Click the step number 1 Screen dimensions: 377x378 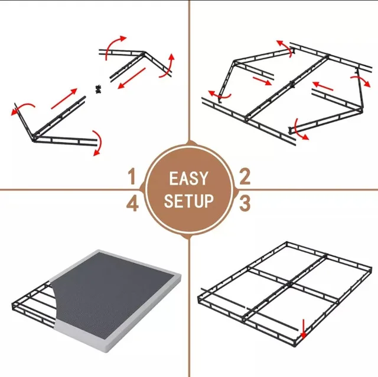pyautogui.click(x=132, y=176)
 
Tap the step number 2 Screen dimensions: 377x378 pyautogui.click(x=245, y=176)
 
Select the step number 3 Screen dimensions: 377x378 pyautogui.click(x=245, y=203)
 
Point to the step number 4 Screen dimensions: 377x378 pyautogui.click(x=132, y=204)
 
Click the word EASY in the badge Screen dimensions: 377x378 pyautogui.click(x=188, y=178)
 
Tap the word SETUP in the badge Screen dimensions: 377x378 pyautogui.click(x=188, y=201)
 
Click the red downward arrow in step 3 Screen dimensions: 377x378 pyautogui.click(x=303, y=327)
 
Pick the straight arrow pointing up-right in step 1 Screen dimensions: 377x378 pyautogui.click(x=63, y=98)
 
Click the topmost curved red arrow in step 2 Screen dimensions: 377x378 pyautogui.click(x=282, y=47)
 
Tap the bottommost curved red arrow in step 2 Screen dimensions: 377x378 pyautogui.click(x=301, y=135)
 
